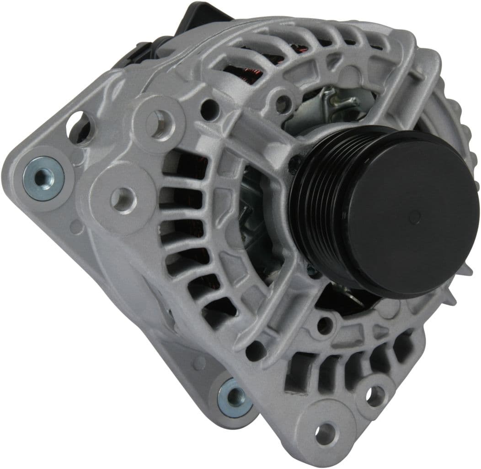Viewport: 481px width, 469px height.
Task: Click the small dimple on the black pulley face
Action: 415,216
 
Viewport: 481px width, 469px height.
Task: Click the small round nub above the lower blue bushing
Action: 199,363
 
